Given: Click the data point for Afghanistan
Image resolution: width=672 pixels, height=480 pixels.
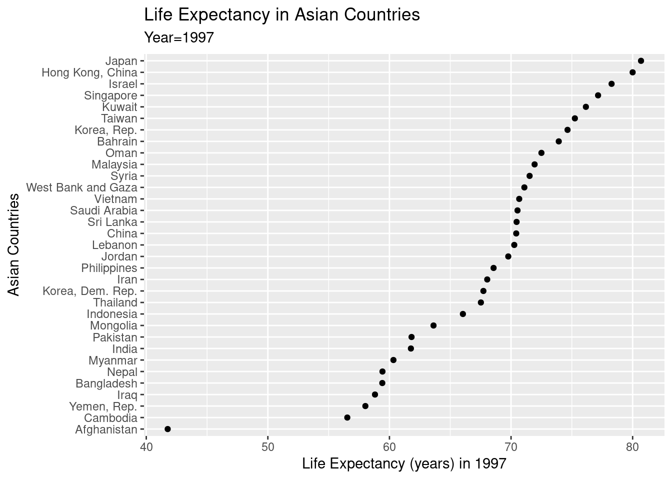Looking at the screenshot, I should (x=167, y=429).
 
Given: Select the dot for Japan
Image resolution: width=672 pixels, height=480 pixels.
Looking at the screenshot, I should (x=641, y=61).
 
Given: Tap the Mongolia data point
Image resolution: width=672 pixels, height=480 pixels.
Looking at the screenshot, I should (x=433, y=325).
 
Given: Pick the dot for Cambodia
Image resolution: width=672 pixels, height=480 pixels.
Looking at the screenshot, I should (x=347, y=417).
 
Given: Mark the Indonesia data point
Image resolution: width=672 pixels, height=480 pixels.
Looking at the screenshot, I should (x=462, y=314).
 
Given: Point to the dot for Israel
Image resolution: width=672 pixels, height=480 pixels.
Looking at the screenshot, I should (x=611, y=84).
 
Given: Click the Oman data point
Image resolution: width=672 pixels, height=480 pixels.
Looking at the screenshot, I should (x=541, y=153).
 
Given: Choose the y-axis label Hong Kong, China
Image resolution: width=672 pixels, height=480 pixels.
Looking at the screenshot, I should (x=89, y=73).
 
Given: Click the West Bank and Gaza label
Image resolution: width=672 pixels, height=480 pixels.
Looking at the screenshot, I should (x=81, y=188).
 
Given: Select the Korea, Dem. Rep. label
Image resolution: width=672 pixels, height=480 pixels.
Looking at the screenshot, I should (x=90, y=291).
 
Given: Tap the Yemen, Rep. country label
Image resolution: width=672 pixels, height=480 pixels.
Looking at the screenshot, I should (x=103, y=406).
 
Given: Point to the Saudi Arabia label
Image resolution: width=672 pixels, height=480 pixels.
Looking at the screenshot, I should (x=103, y=211).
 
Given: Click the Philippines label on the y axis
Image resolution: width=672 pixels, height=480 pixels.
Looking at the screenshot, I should (x=109, y=268).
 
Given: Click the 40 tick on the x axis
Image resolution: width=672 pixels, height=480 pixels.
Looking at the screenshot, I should (x=146, y=445).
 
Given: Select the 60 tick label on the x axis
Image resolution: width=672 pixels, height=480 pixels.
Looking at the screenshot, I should (x=389, y=445).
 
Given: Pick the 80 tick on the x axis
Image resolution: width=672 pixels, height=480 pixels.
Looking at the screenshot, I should (x=632, y=445).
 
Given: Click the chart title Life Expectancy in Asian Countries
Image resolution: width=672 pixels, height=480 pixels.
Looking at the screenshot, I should (x=282, y=15).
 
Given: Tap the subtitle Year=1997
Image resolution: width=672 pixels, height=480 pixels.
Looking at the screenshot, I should (x=179, y=37).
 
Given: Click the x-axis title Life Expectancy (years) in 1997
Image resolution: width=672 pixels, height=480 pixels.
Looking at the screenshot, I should (x=404, y=464).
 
